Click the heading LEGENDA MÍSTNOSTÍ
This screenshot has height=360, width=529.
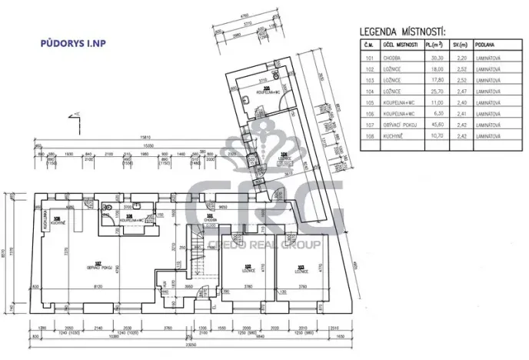coord(402,32)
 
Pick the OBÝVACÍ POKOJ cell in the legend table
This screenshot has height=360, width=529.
coord(398,125)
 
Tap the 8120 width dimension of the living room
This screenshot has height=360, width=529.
coord(98,286)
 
